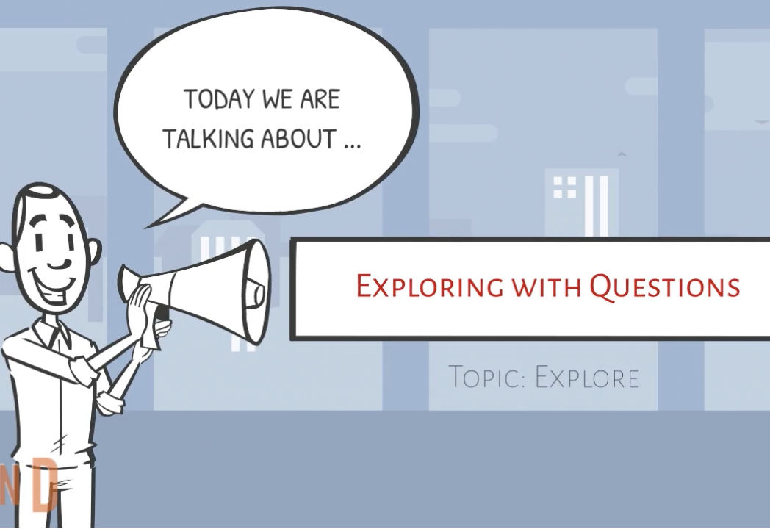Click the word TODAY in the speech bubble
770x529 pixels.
click(219, 100)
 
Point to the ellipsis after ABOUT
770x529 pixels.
click(353, 146)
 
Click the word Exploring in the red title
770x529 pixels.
click(430, 287)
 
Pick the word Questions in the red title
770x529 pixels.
click(665, 287)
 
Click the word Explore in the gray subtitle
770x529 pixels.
click(587, 377)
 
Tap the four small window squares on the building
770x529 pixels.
click(565, 187)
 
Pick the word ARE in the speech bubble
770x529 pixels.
click(320, 100)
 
